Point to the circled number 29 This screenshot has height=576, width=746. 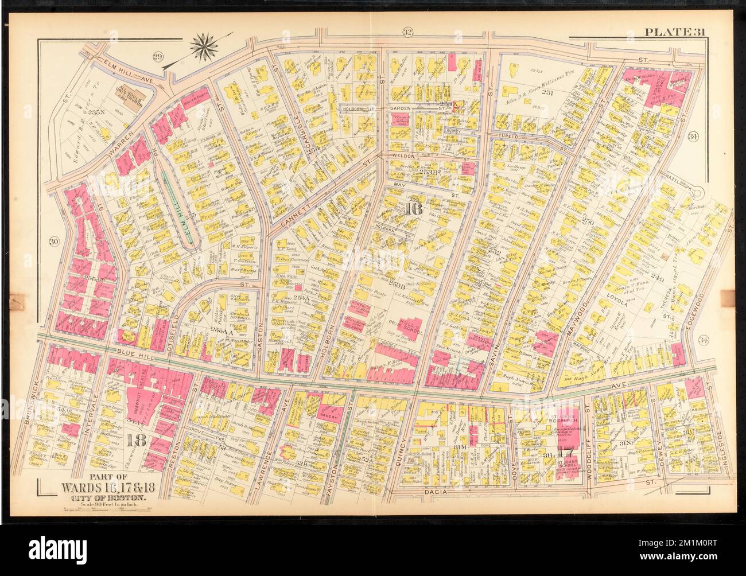[158, 55]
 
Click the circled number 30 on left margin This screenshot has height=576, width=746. [54, 242]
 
